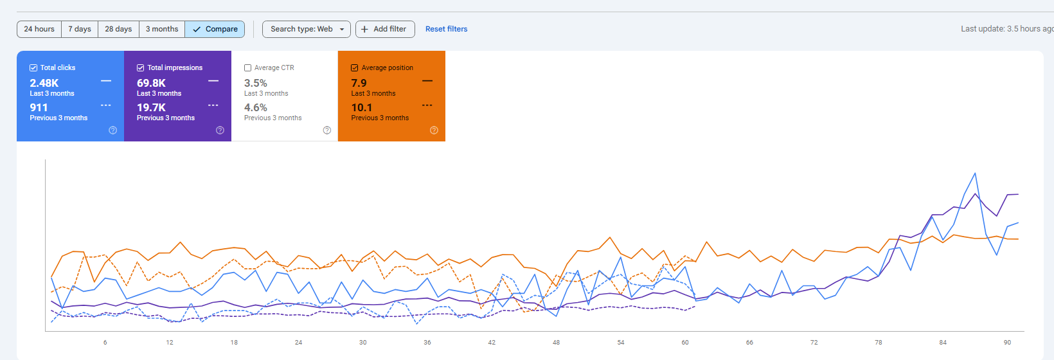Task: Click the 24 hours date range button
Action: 39,29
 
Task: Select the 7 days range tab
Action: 80,29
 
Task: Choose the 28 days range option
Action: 118,29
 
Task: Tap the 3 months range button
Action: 162,29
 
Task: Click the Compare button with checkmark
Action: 215,29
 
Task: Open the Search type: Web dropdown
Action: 307,29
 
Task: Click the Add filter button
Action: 385,29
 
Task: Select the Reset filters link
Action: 446,29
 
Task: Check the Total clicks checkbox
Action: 33,67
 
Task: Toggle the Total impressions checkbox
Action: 140,67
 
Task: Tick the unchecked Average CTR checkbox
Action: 247,67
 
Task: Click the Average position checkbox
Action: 355,67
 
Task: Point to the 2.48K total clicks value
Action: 44,84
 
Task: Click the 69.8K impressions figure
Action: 151,84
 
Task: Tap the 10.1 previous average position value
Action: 361,108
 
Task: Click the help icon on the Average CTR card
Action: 327,130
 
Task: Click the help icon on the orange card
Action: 434,130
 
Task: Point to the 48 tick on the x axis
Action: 556,343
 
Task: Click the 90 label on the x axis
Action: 1007,343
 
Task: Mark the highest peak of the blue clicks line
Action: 975,173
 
